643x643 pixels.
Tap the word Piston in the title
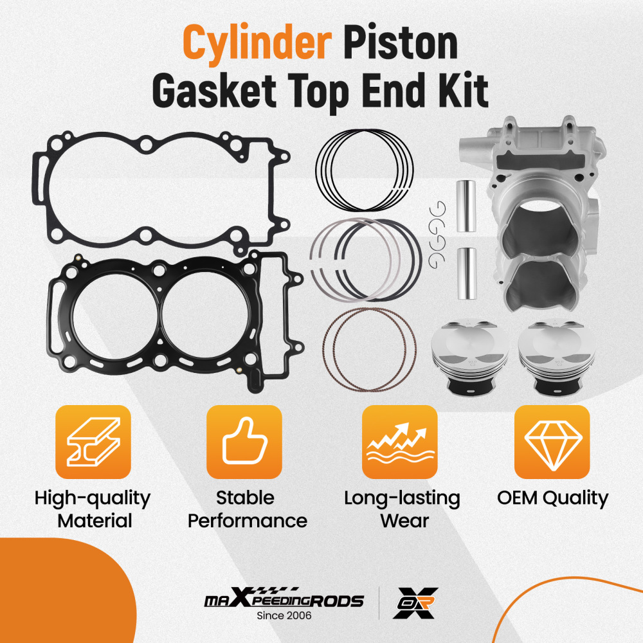(x=401, y=46)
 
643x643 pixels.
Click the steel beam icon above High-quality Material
(x=95, y=442)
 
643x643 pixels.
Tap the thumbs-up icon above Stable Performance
(x=244, y=442)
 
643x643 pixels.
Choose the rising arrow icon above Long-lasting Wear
(x=399, y=442)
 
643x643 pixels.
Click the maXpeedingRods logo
(x=284, y=601)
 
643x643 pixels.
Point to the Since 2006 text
(x=284, y=616)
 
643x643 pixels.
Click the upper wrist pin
(x=466, y=208)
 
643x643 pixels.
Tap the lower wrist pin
(x=466, y=273)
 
